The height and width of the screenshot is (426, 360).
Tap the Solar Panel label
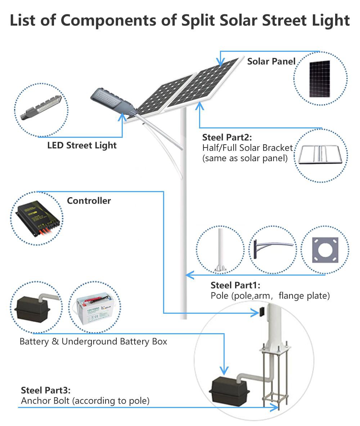(271, 62)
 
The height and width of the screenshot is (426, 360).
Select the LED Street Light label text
(82, 146)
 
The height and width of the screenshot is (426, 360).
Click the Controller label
(89, 201)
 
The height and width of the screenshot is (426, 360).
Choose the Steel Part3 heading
(46, 390)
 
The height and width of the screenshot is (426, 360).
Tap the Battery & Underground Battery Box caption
(93, 341)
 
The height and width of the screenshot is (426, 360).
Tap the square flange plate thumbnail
(325, 249)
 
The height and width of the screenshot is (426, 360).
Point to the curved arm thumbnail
(274, 248)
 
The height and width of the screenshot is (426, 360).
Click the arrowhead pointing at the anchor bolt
(276, 407)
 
